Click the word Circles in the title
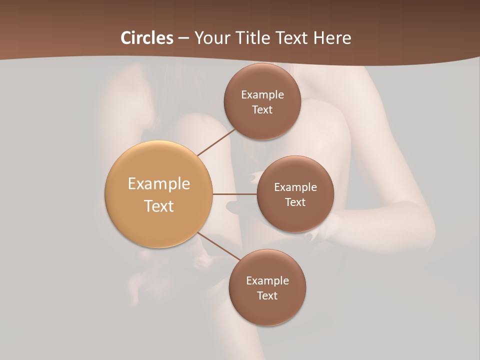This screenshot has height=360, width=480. (x=146, y=38)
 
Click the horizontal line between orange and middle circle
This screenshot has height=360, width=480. (x=234, y=194)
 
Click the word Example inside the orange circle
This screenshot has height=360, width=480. (x=159, y=184)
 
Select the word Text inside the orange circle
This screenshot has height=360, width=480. (x=159, y=206)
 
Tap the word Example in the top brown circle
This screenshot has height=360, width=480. (x=262, y=95)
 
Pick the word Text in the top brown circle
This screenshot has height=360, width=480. (x=262, y=110)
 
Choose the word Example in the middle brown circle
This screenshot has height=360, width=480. (x=295, y=187)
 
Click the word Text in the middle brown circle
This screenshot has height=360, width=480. (x=295, y=202)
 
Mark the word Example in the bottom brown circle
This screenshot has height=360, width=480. (x=267, y=281)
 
